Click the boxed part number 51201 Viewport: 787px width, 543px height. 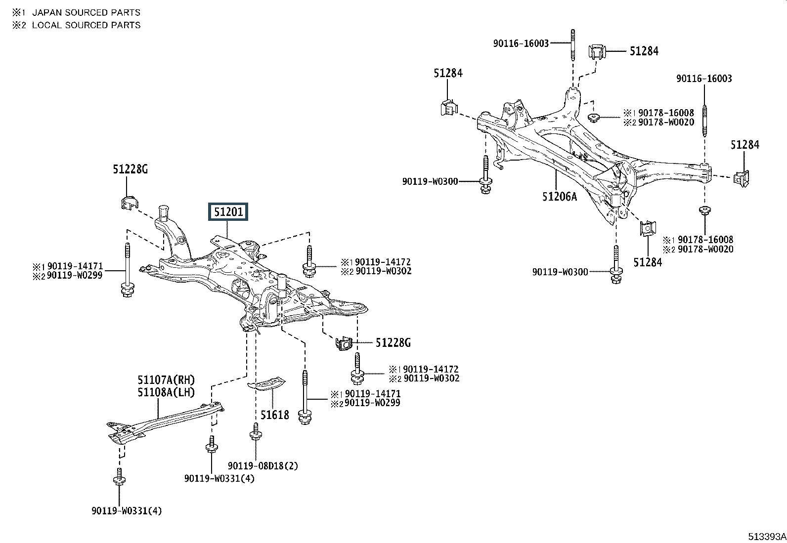point(228,212)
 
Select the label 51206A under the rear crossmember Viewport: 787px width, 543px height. point(559,197)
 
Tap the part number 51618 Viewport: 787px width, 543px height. point(275,415)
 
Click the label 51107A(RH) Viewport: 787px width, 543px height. point(166,379)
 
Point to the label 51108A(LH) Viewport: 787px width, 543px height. point(166,392)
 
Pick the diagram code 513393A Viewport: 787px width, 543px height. point(767,537)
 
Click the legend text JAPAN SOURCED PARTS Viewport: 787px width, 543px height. point(86,13)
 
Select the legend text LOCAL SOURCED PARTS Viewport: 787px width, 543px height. point(86,25)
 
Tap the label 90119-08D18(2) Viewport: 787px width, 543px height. point(263,466)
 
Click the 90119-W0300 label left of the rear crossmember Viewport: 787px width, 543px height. point(430,182)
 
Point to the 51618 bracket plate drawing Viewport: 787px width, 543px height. point(266,383)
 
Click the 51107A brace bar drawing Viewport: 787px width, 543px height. point(165,423)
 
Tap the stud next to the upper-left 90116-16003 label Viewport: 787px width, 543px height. point(572,45)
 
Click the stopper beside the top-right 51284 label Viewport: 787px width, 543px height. point(597,52)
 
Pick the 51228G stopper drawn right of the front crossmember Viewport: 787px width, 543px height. point(344,343)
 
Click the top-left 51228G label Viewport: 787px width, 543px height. point(130,169)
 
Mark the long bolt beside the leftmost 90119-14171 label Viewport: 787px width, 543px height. point(127,270)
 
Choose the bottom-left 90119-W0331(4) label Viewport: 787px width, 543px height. point(127,511)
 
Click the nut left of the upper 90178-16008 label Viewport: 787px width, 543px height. point(593,118)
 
